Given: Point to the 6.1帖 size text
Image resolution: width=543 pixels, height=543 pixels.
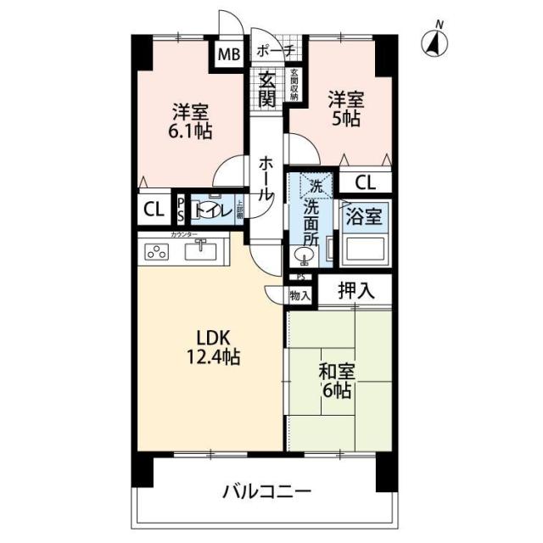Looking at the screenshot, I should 190,132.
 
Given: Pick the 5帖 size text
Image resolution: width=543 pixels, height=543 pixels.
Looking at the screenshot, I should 345,119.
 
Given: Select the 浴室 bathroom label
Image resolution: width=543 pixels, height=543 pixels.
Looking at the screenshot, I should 366,214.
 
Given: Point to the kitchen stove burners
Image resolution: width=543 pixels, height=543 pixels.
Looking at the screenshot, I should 159,250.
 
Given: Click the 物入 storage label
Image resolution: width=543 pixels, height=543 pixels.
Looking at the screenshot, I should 299,295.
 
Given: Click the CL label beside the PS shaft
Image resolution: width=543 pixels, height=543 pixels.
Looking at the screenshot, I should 154,210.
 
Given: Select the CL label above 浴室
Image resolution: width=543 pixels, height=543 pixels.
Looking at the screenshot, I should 366,182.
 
